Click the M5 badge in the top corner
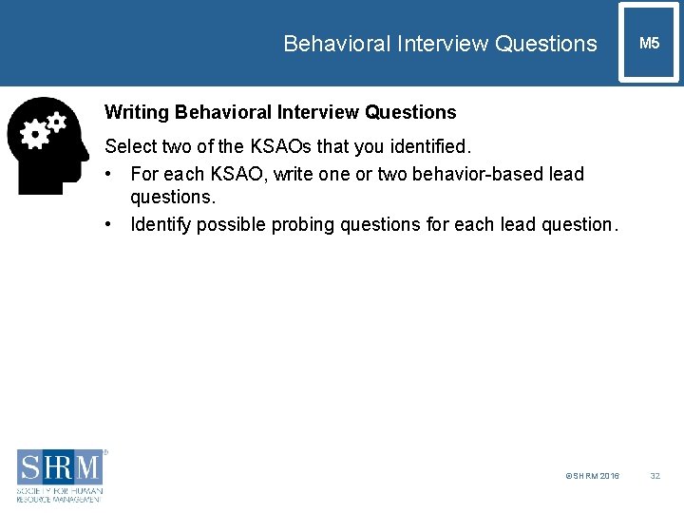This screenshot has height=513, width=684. click(649, 44)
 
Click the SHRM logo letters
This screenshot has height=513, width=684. click(59, 467)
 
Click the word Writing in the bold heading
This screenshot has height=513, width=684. click(136, 112)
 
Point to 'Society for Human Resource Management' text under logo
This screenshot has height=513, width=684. click(59, 493)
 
